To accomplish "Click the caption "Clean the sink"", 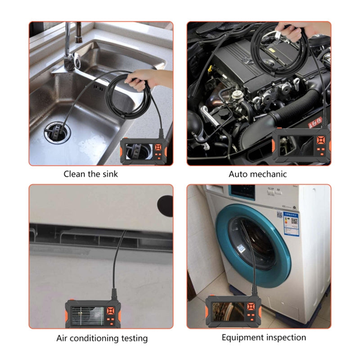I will click(x=90, y=174).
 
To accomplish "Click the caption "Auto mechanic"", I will click(x=257, y=174).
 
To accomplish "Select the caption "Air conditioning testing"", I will click(x=102, y=337).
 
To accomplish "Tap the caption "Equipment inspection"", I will click(x=264, y=337).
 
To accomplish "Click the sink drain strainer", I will click(x=56, y=132).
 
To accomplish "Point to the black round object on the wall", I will click(x=165, y=205).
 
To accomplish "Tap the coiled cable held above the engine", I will click(x=288, y=49).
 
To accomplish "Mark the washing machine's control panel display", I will click(x=243, y=194).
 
